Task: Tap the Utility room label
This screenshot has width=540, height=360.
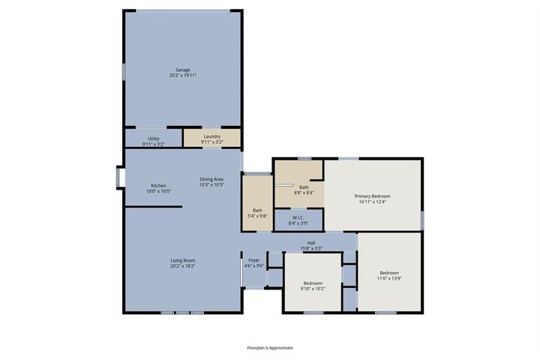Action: coord(153,139)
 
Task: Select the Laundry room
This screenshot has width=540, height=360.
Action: coord(212,138)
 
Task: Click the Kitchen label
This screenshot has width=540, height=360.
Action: coord(158,185)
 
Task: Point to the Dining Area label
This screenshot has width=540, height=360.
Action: coord(211,178)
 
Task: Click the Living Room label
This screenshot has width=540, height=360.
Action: coord(182,260)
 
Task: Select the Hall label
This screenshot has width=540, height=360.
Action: coord(310,242)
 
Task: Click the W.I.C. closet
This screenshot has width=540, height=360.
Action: coord(298,220)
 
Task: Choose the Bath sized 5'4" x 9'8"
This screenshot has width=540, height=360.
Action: coord(257,212)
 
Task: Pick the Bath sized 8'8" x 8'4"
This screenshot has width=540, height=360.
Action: coord(303,189)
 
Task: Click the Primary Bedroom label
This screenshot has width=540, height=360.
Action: coord(372,196)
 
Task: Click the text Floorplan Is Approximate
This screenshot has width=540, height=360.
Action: coord(270,347)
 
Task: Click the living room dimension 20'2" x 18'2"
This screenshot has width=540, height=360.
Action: coord(182,265)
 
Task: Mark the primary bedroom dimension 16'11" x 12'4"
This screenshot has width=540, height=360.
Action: coord(372,201)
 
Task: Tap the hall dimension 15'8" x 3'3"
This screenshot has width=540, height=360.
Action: coord(310,247)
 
